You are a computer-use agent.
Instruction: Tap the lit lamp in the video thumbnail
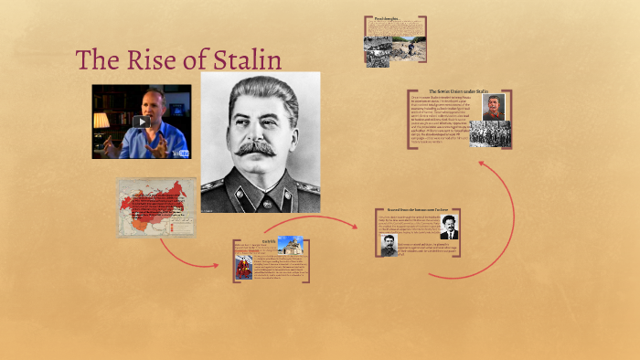[101, 120]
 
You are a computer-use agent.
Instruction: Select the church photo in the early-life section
[290, 245]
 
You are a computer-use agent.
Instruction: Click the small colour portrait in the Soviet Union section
[495, 107]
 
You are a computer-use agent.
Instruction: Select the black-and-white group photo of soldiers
[490, 134]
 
